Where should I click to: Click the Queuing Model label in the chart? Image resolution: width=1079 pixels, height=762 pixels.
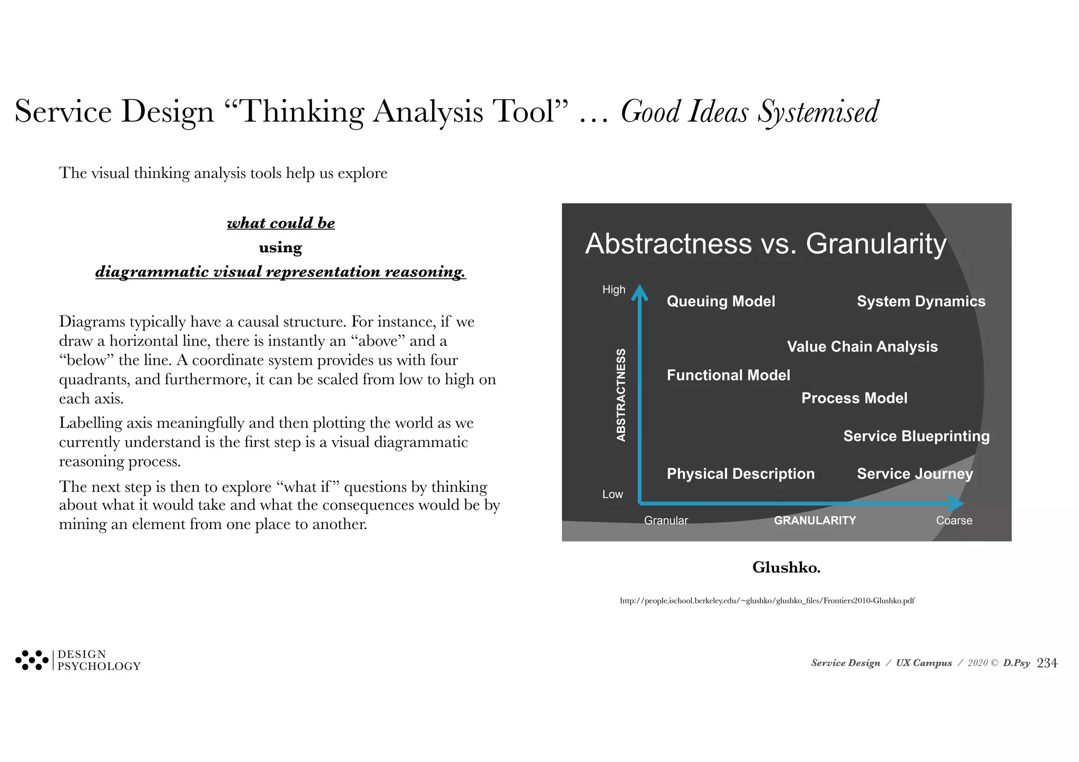tap(721, 301)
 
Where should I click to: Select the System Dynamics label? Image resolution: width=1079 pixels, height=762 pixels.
tap(921, 301)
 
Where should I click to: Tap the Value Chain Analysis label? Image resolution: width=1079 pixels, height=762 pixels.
tap(862, 347)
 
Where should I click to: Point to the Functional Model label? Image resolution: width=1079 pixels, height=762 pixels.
tap(728, 375)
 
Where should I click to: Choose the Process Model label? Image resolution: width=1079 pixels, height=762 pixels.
tap(854, 398)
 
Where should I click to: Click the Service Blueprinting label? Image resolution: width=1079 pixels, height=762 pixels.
tap(916, 436)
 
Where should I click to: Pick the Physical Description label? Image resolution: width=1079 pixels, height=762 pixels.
tap(740, 473)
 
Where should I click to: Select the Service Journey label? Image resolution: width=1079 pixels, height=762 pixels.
tap(915, 473)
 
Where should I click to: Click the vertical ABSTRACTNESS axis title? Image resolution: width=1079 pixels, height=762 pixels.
tap(621, 395)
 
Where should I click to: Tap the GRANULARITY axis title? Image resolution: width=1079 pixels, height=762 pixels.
tap(815, 520)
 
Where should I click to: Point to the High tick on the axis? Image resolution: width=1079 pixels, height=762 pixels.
tap(614, 290)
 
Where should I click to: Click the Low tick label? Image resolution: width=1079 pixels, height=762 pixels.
tap(612, 494)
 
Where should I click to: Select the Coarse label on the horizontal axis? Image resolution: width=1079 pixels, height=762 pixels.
tap(954, 520)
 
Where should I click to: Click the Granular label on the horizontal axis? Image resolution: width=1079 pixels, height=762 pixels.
tap(666, 520)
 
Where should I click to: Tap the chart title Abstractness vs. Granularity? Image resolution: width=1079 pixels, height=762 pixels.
tap(766, 244)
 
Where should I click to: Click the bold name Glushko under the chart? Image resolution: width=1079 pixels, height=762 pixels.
tap(786, 567)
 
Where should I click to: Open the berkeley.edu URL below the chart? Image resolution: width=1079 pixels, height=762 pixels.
tap(767, 600)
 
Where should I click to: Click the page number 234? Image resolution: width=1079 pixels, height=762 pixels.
tap(1046, 663)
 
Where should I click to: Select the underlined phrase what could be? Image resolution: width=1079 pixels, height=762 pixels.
tap(281, 223)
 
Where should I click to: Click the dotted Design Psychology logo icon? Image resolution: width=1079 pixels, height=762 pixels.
tap(32, 660)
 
